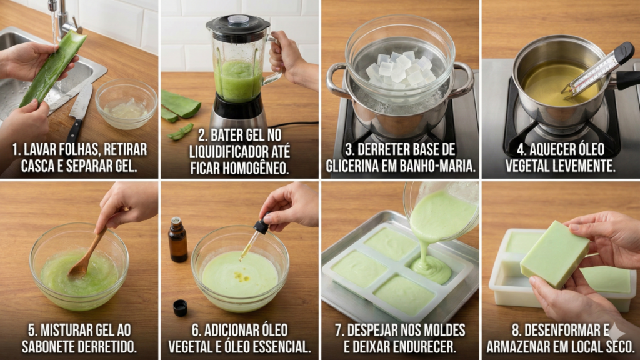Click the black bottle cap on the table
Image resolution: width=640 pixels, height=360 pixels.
click(180, 307)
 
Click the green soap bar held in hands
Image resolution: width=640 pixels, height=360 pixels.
click(555, 254)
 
